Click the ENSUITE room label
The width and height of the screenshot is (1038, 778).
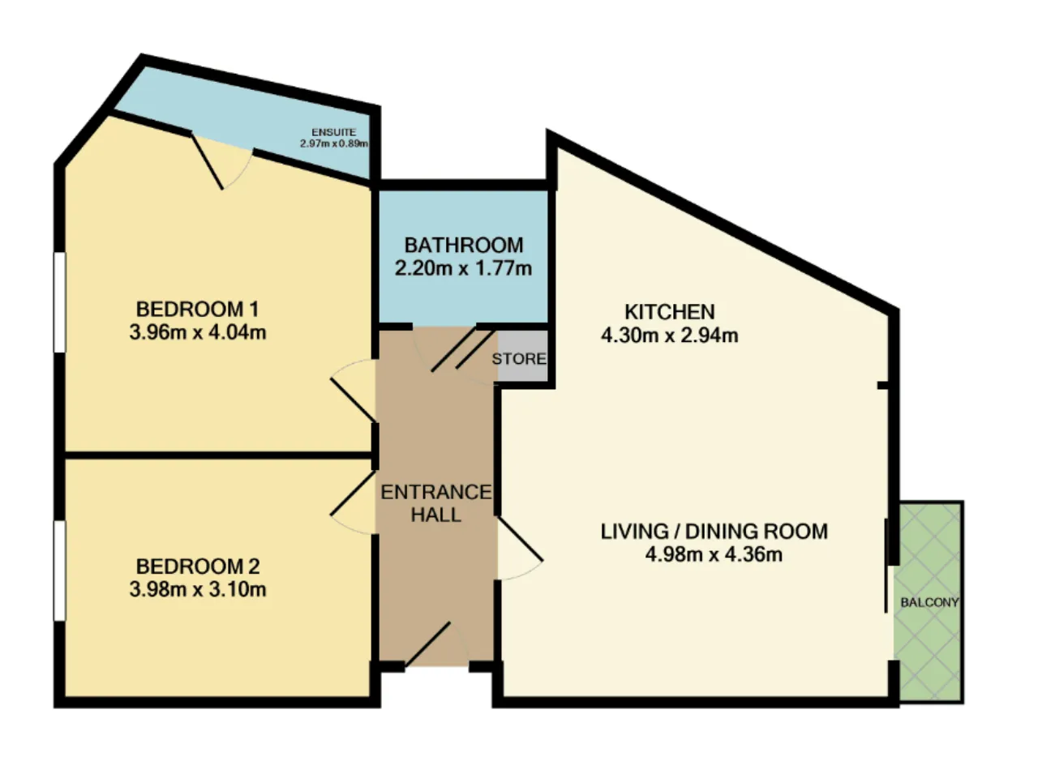(x=333, y=132)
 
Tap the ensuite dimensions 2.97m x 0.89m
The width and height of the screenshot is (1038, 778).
(x=334, y=143)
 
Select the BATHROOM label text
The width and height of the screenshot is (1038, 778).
(x=463, y=246)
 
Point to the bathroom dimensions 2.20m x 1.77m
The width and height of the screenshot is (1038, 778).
(x=463, y=268)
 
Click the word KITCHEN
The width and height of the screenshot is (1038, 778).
(x=670, y=312)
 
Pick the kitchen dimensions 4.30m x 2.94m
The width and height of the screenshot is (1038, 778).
(x=670, y=335)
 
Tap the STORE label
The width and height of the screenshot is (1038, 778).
(x=519, y=359)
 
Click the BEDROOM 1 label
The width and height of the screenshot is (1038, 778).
(x=198, y=310)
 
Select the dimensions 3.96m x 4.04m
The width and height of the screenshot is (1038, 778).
(x=198, y=332)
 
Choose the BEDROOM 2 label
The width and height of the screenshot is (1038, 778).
(x=198, y=566)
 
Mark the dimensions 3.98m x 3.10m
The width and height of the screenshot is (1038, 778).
(x=198, y=589)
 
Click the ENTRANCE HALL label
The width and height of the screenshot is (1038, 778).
(x=436, y=503)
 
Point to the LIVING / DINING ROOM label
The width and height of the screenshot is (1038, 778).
(x=714, y=532)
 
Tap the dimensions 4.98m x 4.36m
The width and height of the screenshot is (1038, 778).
(x=714, y=554)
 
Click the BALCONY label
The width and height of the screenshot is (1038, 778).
(x=929, y=602)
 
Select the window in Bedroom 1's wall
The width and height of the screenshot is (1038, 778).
(x=59, y=302)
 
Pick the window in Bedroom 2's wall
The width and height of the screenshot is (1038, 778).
(x=59, y=571)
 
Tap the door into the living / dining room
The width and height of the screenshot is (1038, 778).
(x=519, y=548)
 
